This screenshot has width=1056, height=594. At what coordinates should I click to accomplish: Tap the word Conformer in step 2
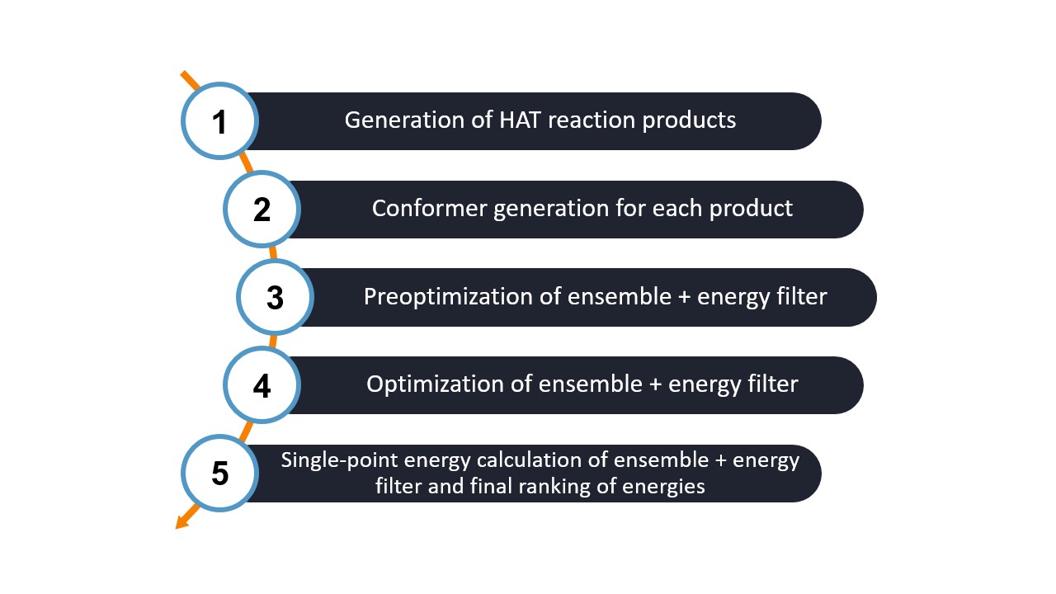pyautogui.click(x=429, y=209)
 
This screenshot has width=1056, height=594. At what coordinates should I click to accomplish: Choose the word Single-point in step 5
pyautogui.click(x=339, y=460)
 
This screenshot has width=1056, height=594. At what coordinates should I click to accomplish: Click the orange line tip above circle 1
pyautogui.click(x=183, y=73)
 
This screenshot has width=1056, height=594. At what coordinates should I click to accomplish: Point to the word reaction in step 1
pyautogui.click(x=592, y=120)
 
